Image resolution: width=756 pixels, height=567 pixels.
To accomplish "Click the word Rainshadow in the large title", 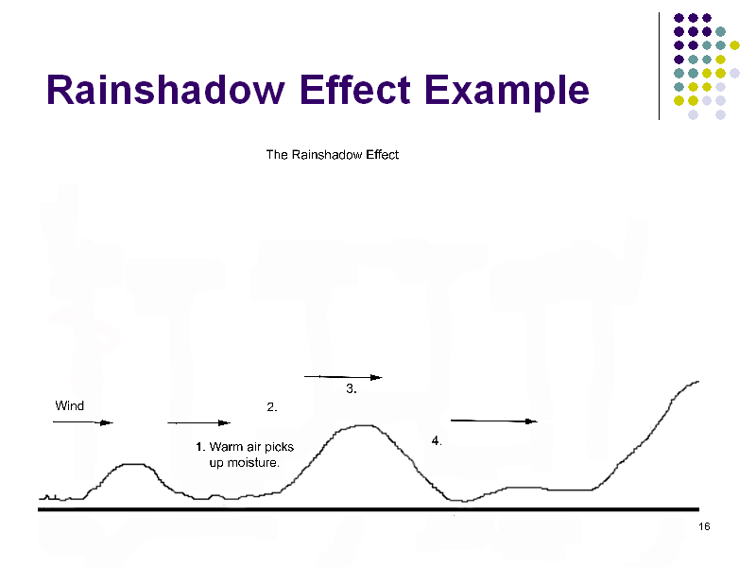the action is tap(165, 90).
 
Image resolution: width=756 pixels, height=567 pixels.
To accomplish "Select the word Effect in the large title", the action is tap(355, 89).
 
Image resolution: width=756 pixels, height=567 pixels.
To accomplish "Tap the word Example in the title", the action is tap(507, 92).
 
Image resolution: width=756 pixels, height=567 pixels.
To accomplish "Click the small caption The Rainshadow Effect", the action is tap(333, 155).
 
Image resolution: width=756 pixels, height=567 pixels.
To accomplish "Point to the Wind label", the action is tap(69, 405).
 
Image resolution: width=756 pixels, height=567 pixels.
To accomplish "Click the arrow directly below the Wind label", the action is tap(83, 422).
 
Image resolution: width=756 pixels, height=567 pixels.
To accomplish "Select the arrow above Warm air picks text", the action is tap(199, 422).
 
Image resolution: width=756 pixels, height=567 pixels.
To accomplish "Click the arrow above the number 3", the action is tap(343, 377).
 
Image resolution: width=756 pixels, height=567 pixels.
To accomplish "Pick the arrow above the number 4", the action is tap(493, 421).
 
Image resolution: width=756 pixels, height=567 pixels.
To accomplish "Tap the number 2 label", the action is tap(272, 407).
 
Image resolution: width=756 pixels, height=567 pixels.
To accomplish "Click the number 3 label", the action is tap(352, 388).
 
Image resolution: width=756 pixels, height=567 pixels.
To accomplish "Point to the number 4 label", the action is tap(437, 440).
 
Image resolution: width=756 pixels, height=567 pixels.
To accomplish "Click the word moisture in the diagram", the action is tap(252, 463).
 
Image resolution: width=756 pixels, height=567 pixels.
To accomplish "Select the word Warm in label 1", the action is tap(226, 447).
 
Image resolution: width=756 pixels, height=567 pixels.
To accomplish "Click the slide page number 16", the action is tap(704, 526).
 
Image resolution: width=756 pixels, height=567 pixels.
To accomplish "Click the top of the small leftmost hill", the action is tap(133, 464).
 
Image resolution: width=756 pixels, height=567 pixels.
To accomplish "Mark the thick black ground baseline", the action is tap(369, 509).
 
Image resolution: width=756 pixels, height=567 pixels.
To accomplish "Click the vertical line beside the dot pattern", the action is tap(659, 66).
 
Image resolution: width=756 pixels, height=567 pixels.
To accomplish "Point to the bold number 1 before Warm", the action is tap(200, 447).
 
